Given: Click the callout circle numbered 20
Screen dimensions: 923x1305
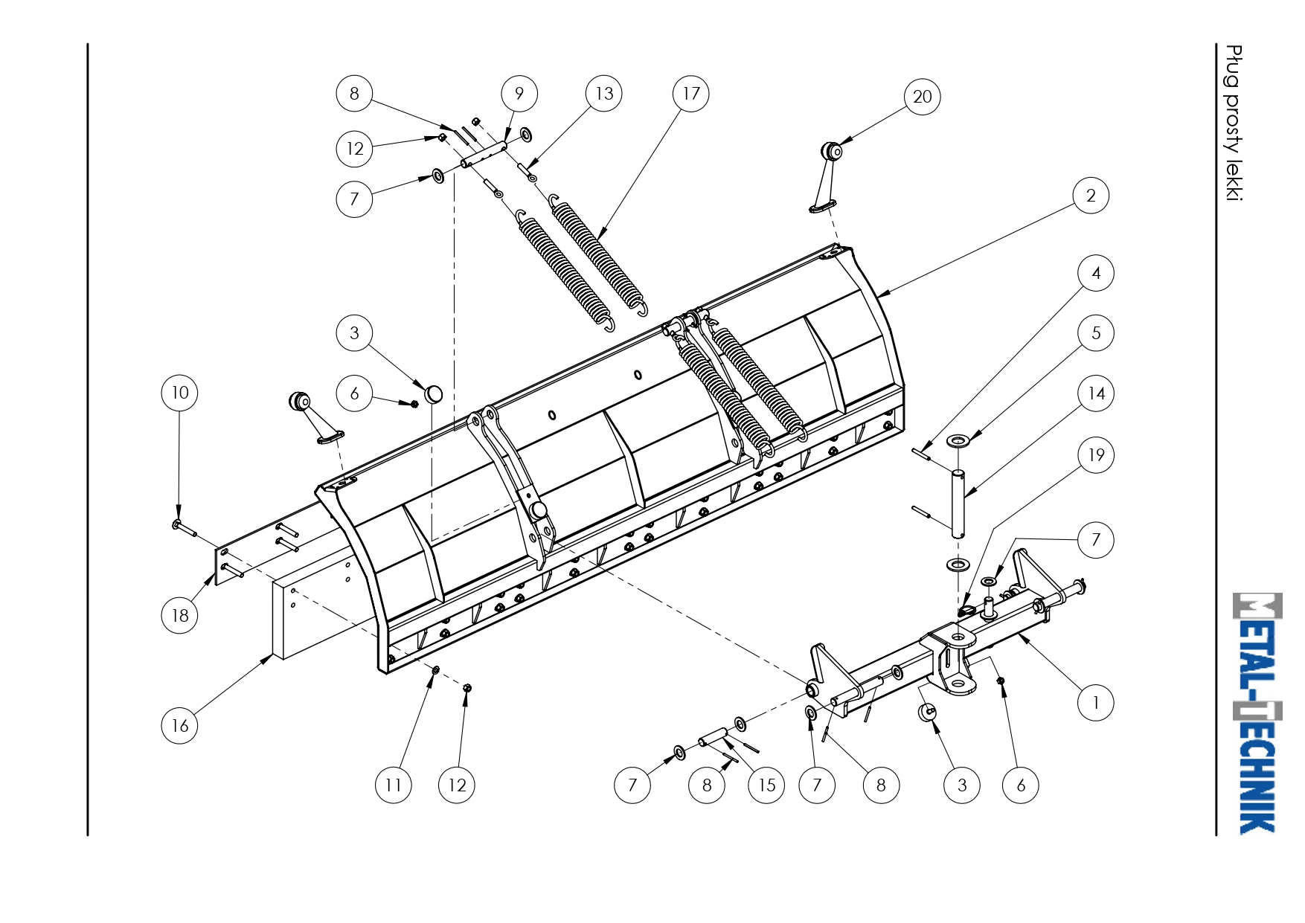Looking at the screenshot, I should [x=922, y=97].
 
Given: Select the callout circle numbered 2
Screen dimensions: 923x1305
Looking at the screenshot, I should [x=1091, y=196].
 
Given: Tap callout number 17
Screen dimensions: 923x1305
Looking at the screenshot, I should [x=690, y=94].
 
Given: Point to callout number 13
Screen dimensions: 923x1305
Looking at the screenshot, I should [x=603, y=94].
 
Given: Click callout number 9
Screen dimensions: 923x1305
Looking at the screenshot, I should [x=519, y=94].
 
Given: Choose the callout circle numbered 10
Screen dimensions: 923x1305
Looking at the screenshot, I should [x=179, y=393].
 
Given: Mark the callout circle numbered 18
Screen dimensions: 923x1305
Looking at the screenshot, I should [x=179, y=615].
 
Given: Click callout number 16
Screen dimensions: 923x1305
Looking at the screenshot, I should [x=179, y=725].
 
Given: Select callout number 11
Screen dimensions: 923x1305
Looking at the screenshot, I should [x=393, y=785].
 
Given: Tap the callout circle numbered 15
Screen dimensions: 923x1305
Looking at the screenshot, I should [x=766, y=785].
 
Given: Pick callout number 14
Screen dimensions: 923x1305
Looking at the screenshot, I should [x=1096, y=393].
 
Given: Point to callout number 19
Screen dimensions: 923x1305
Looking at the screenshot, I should [x=1096, y=454].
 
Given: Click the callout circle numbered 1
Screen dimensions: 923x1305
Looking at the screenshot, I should [x=1095, y=703].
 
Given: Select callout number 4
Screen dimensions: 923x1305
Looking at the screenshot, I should [x=1095, y=273].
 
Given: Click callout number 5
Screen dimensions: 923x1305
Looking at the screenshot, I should [x=1095, y=332].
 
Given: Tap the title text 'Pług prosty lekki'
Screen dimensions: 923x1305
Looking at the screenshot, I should [x=1234, y=123].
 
